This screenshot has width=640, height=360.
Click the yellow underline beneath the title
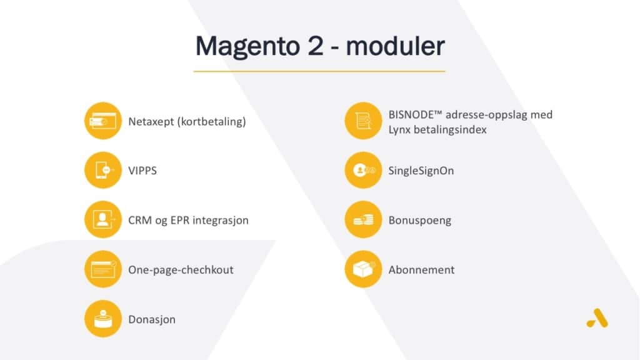(x=319, y=71)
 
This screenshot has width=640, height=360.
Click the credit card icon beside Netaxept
(x=103, y=121)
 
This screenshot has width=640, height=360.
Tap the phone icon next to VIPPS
(x=103, y=170)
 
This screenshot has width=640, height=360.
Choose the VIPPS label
(x=142, y=171)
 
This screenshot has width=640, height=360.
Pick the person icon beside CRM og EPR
(x=103, y=219)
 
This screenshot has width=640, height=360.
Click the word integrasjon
(x=221, y=221)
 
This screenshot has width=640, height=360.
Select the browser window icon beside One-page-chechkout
(x=103, y=269)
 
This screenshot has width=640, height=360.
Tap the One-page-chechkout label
(x=181, y=270)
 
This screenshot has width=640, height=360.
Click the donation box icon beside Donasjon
(x=103, y=319)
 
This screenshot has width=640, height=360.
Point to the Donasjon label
(x=152, y=319)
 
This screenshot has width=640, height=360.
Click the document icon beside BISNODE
(x=363, y=121)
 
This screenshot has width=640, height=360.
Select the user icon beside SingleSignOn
(x=363, y=170)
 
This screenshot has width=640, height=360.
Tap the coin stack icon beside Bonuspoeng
(x=363, y=219)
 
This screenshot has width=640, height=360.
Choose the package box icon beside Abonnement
(x=363, y=269)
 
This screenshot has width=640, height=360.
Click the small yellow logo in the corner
(x=597, y=318)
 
